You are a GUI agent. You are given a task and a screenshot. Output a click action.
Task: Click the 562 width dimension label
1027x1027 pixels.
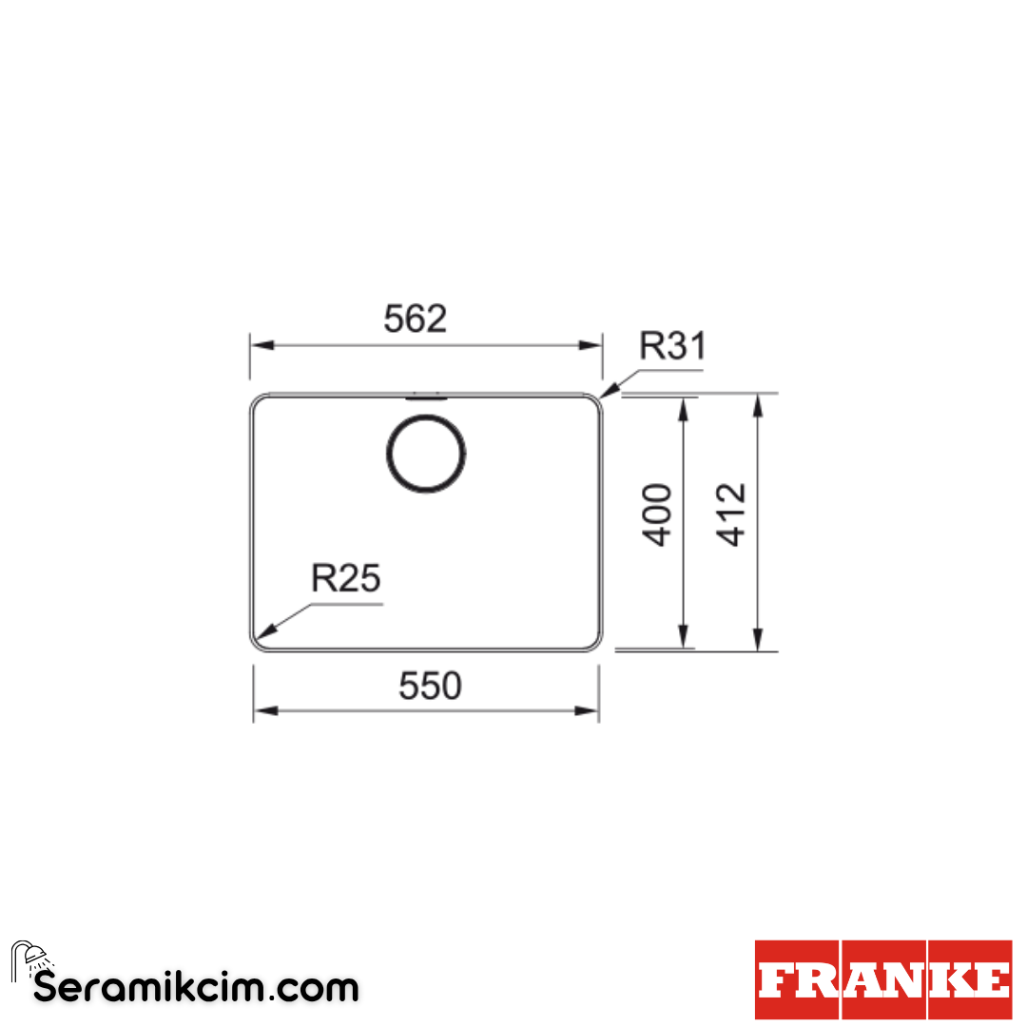click(416, 319)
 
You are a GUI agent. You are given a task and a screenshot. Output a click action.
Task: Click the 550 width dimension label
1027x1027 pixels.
click(431, 686)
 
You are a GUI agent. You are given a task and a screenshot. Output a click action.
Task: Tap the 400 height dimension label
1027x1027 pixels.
click(657, 514)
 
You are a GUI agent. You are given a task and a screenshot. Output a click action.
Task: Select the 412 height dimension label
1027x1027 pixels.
click(731, 514)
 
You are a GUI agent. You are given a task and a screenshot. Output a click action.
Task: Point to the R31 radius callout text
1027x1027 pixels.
click(672, 346)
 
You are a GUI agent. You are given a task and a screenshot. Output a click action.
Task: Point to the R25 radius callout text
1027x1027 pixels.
click(345, 578)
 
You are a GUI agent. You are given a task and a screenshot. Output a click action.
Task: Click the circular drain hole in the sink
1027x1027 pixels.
click(426, 454)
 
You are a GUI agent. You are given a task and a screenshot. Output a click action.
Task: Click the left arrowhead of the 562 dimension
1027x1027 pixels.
click(262, 345)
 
